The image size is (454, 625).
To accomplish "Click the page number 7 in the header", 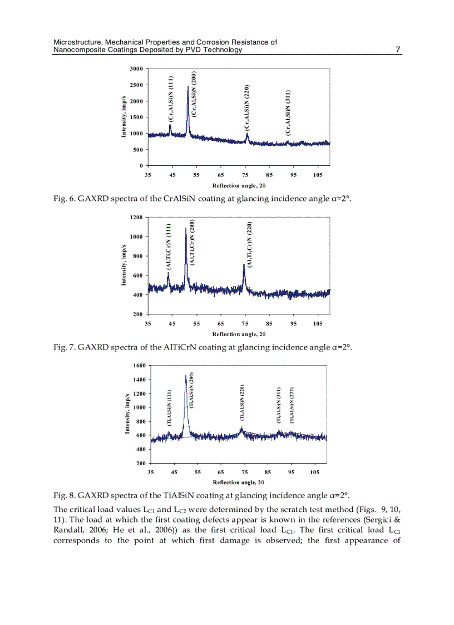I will [398, 50].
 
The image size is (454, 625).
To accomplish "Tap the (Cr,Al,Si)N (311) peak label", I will [287, 112].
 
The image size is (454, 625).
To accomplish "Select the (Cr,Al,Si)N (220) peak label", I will [246, 108].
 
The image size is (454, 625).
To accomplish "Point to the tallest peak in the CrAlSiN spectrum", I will [189, 87].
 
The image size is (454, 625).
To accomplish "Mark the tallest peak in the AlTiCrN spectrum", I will [186, 228].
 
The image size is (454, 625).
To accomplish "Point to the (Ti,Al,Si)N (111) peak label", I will [169, 408].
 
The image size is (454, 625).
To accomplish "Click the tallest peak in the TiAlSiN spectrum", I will [186, 376].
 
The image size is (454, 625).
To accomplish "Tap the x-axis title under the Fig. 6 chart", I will [239, 185].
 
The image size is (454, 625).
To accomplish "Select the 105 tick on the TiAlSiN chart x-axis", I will [315, 472].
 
